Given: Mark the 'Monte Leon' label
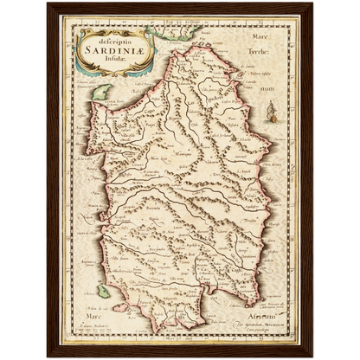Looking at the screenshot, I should point(134,159).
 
